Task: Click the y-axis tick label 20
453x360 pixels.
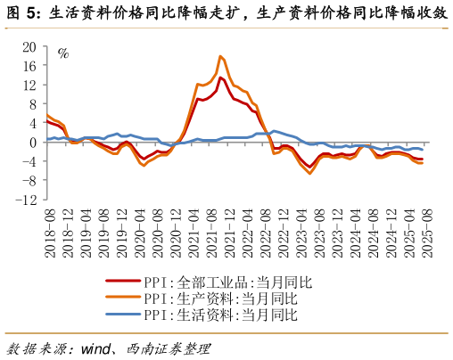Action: click(29, 46)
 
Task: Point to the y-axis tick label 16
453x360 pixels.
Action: click(29, 66)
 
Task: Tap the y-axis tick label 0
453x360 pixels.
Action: click(33, 143)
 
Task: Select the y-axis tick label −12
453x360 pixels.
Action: click(25, 200)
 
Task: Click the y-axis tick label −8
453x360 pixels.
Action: click(29, 181)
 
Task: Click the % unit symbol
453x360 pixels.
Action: click(62, 53)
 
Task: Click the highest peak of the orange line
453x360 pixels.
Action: click(219, 56)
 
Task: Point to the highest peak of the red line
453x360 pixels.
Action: click(220, 78)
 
